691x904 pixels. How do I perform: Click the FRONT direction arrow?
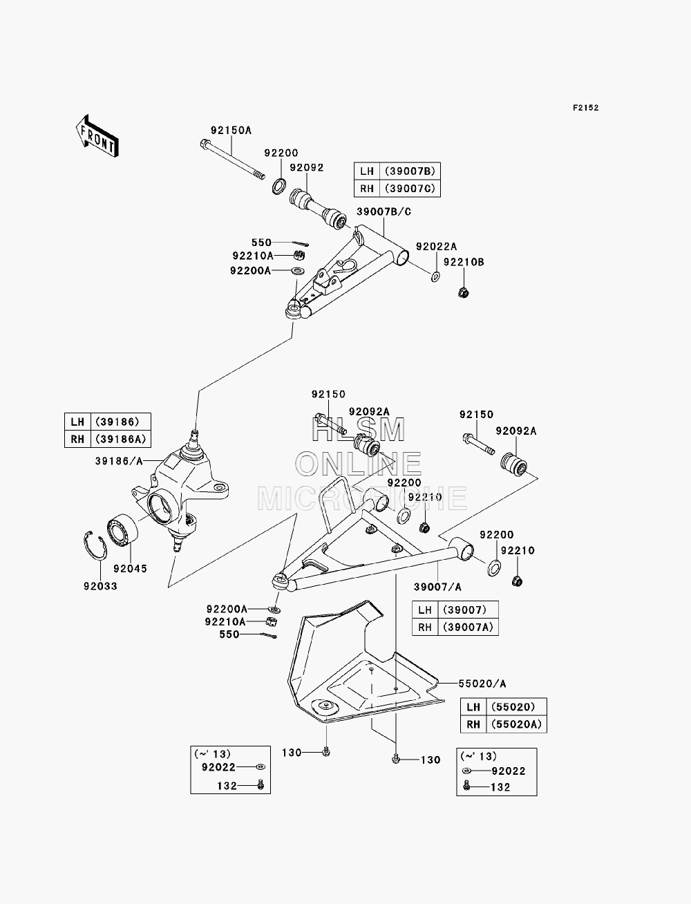[97, 135]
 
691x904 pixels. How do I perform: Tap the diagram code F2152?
[585, 108]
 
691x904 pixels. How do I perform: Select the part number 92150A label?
[231, 130]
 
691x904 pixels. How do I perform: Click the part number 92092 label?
[307, 168]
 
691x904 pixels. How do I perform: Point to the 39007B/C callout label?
[384, 211]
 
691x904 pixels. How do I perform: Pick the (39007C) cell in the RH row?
[410, 189]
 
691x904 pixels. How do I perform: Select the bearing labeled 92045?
[123, 531]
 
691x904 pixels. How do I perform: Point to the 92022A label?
[436, 246]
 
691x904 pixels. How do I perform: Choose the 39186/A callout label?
[119, 461]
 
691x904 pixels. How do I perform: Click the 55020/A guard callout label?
[482, 684]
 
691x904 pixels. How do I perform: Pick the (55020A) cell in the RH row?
[516, 724]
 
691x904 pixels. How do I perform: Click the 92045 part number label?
[130, 568]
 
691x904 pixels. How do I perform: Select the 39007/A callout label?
[437, 587]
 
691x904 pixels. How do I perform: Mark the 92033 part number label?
[100, 586]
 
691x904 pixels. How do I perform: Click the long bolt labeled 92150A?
[232, 160]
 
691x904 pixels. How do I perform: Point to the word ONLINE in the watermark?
[358, 464]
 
